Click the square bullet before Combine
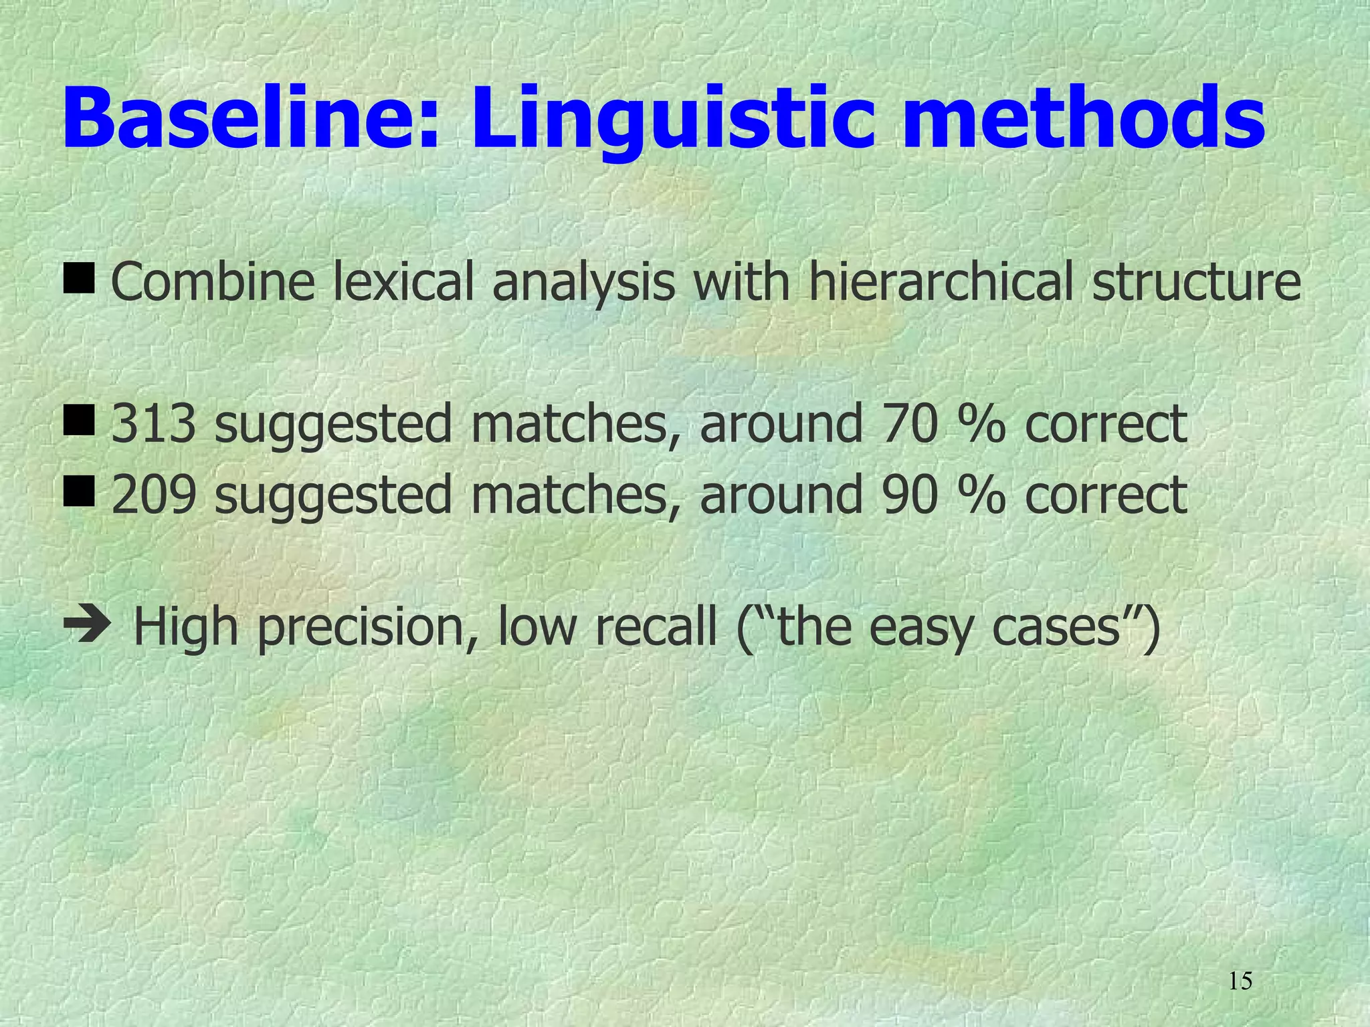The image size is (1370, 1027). (80, 279)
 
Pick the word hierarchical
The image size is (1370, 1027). (943, 282)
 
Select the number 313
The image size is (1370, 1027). (154, 424)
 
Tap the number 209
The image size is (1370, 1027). (154, 495)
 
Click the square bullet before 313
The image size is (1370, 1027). (80, 422)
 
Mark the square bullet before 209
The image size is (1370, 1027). (80, 493)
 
